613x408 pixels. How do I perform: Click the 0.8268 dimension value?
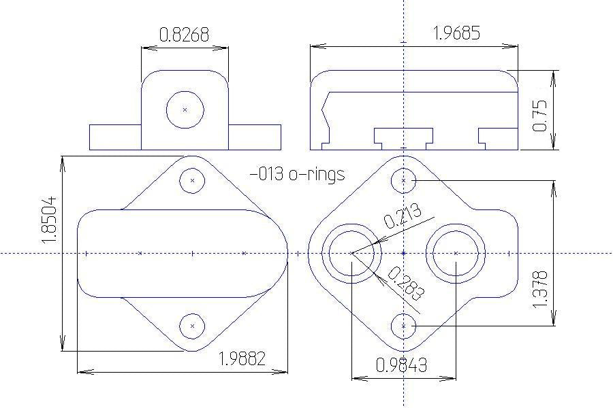(184, 34)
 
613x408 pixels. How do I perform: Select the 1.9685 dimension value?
(456, 33)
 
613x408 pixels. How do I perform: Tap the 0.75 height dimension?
(540, 116)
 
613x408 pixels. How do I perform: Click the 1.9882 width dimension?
(241, 358)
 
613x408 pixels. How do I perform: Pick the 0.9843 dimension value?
(402, 365)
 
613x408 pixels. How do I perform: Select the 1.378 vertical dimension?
(540, 288)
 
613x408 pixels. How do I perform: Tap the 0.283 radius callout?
(406, 284)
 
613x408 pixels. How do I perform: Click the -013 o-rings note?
(297, 175)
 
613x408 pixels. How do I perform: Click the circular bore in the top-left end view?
(185, 109)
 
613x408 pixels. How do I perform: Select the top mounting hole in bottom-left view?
(193, 180)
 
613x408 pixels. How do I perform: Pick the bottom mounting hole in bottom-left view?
(193, 326)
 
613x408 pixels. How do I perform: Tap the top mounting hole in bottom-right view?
(404, 180)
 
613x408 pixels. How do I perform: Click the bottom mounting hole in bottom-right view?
(404, 326)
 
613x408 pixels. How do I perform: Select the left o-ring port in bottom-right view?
(351, 253)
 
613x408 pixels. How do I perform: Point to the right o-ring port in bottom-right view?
(456, 253)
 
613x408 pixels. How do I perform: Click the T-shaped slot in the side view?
(403, 136)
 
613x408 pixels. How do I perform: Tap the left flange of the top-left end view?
(115, 137)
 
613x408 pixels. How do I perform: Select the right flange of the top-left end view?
(255, 137)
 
